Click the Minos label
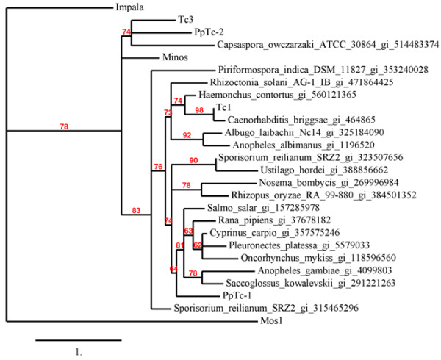click(174, 57)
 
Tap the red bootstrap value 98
click(198, 109)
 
